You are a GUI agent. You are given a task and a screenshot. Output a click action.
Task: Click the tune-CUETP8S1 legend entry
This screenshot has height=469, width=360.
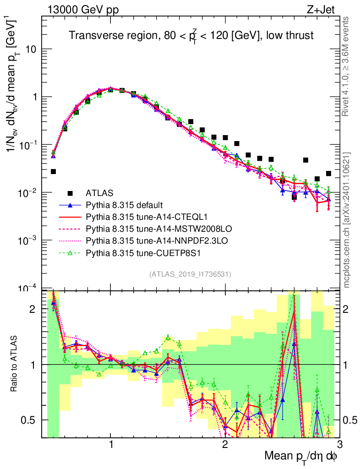[139, 252]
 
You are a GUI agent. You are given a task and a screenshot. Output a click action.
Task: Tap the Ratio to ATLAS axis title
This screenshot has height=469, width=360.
[15, 364]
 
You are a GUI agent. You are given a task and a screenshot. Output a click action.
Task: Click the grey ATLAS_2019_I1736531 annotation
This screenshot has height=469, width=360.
[190, 274]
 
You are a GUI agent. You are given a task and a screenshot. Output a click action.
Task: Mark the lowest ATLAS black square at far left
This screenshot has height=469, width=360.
[53, 172]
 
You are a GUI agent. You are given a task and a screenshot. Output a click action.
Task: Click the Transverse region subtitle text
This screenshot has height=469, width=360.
[191, 36]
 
